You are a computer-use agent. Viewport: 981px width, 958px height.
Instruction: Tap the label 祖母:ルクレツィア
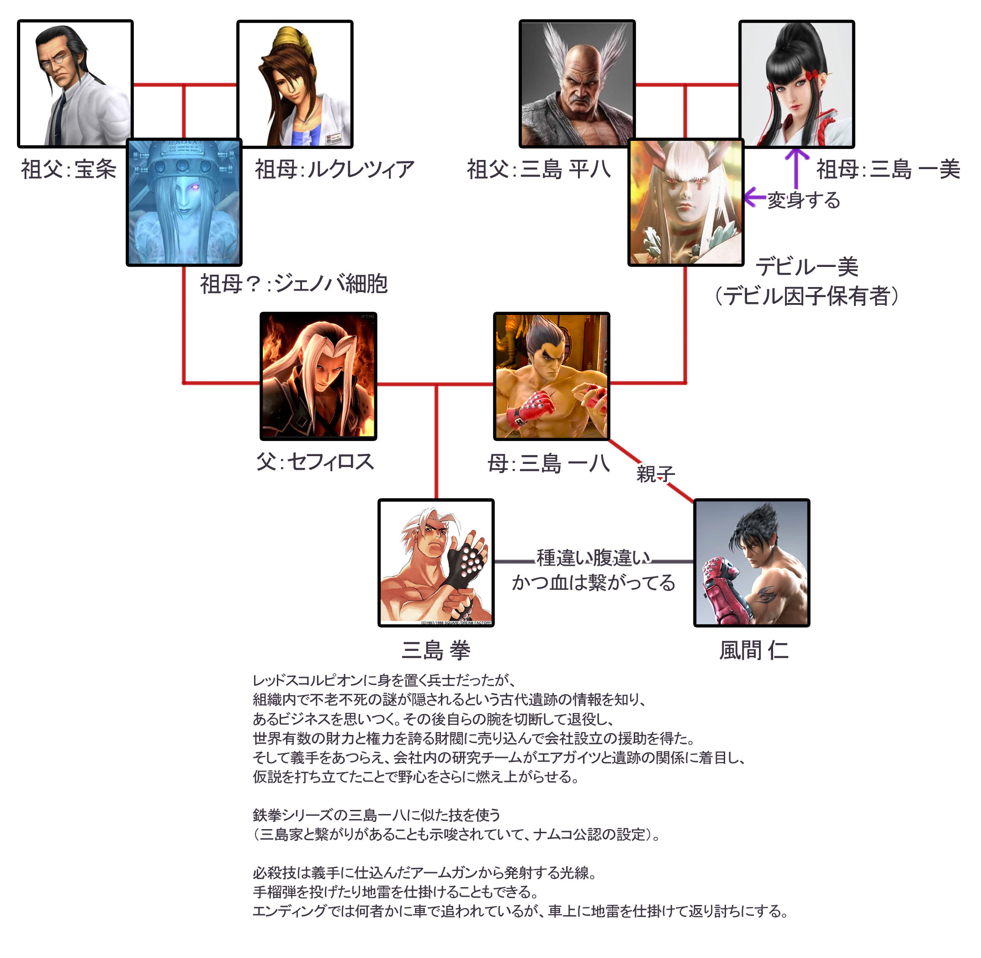click(x=334, y=170)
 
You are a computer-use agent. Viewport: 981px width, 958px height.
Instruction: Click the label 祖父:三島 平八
click(x=539, y=170)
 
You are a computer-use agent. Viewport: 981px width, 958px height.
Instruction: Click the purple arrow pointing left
click(x=754, y=197)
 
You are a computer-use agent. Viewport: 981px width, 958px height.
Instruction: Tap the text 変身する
click(x=804, y=200)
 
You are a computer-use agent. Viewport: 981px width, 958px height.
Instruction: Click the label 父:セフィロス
click(x=315, y=461)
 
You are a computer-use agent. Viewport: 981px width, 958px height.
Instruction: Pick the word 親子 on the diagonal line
click(x=655, y=474)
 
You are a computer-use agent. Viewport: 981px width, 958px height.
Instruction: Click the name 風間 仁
click(x=753, y=650)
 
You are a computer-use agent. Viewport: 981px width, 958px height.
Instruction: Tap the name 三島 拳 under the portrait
click(x=435, y=650)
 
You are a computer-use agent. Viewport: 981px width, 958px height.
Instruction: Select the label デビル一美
click(x=806, y=266)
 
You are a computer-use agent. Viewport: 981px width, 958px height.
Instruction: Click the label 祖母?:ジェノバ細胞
click(x=294, y=284)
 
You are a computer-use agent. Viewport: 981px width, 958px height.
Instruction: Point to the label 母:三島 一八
click(x=548, y=463)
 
